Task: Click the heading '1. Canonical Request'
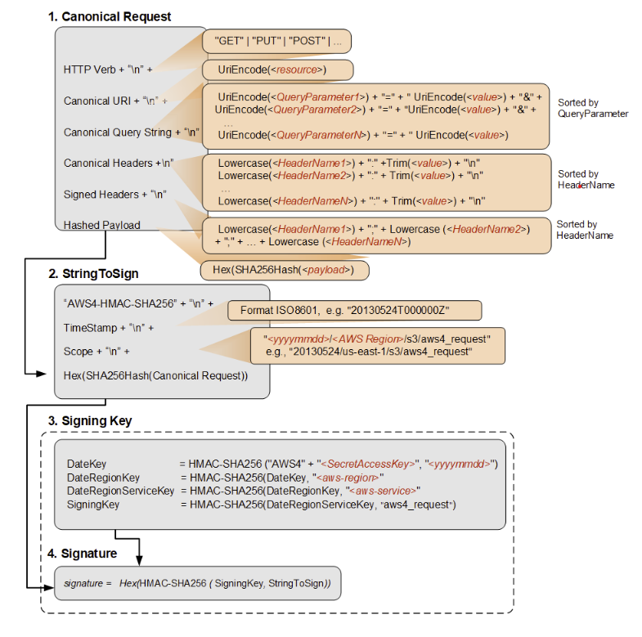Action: click(110, 17)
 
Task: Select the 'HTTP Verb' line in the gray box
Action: click(108, 70)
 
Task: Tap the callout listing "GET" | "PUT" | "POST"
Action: click(276, 42)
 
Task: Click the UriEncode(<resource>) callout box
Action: click(277, 70)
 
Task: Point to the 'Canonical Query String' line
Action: click(132, 132)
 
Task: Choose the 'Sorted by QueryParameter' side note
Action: click(593, 108)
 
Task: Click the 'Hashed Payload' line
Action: click(102, 225)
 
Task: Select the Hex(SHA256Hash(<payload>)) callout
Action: click(285, 270)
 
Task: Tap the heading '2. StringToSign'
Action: click(93, 273)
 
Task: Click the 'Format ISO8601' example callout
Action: click(355, 310)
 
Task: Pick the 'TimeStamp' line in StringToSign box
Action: click(109, 328)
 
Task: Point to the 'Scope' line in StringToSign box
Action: click(97, 352)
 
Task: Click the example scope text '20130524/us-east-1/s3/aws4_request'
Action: click(381, 352)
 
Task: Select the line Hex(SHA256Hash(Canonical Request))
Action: click(155, 375)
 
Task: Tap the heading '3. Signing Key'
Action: click(90, 421)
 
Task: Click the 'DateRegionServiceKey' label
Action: click(120, 491)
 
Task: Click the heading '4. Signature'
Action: click(83, 554)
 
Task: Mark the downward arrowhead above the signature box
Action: click(139, 560)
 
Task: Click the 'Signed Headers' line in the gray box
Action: click(115, 195)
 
